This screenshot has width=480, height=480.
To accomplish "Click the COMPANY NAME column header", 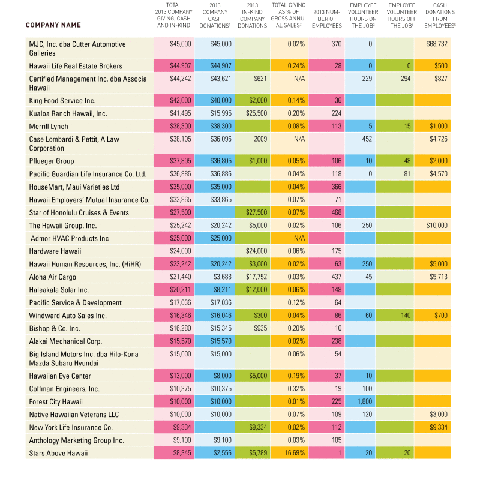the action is tap(53, 25).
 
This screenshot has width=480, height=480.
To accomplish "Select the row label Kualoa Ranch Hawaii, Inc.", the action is tap(68, 113).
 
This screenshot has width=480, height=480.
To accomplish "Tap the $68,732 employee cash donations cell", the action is tap(437, 44).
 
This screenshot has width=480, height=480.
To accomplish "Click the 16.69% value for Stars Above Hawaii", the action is tap(295, 453).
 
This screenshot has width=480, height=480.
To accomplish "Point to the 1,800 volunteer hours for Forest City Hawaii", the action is tap(365, 401).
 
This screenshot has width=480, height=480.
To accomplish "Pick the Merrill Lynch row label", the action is tap(49, 127).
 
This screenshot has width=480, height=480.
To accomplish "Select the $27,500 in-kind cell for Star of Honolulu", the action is tap(257, 212).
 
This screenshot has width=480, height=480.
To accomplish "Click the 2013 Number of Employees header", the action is tap(327, 19).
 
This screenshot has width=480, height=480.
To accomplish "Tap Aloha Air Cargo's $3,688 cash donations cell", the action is tap(222, 277).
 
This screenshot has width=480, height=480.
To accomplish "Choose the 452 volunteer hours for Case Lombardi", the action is tap(367, 139).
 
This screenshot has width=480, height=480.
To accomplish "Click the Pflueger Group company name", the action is tap(52, 161).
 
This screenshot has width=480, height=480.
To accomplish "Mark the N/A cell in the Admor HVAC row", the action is tap(299, 238).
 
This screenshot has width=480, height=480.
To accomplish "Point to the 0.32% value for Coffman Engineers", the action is tap(296, 389).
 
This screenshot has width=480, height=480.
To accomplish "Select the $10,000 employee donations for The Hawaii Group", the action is tap(437, 226).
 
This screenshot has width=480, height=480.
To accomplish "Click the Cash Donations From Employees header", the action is tap(440, 16).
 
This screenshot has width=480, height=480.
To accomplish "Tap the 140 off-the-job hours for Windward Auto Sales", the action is tap(406, 316).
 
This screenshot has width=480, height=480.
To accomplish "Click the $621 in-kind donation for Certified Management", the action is tap(260, 79).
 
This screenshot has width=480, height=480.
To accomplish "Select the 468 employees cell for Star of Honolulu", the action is tap(337, 212).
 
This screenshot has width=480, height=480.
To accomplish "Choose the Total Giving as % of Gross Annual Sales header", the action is tap(289, 16).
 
